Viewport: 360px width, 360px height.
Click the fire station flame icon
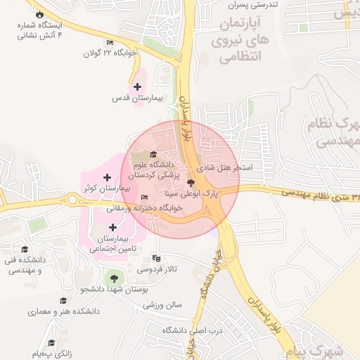[x=39, y=14]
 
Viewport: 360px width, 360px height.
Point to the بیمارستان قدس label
[x=137, y=98]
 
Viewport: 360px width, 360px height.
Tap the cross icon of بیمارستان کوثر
[x=107, y=177]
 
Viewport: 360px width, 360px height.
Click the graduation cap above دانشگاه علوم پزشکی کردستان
[x=154, y=155]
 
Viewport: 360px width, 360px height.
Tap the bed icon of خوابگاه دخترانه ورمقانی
[x=145, y=197]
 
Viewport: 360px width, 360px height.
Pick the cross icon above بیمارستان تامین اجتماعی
[x=113, y=227]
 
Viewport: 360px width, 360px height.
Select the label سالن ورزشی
[x=163, y=304]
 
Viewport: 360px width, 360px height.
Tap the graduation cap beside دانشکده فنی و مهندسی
[x=25, y=250]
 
